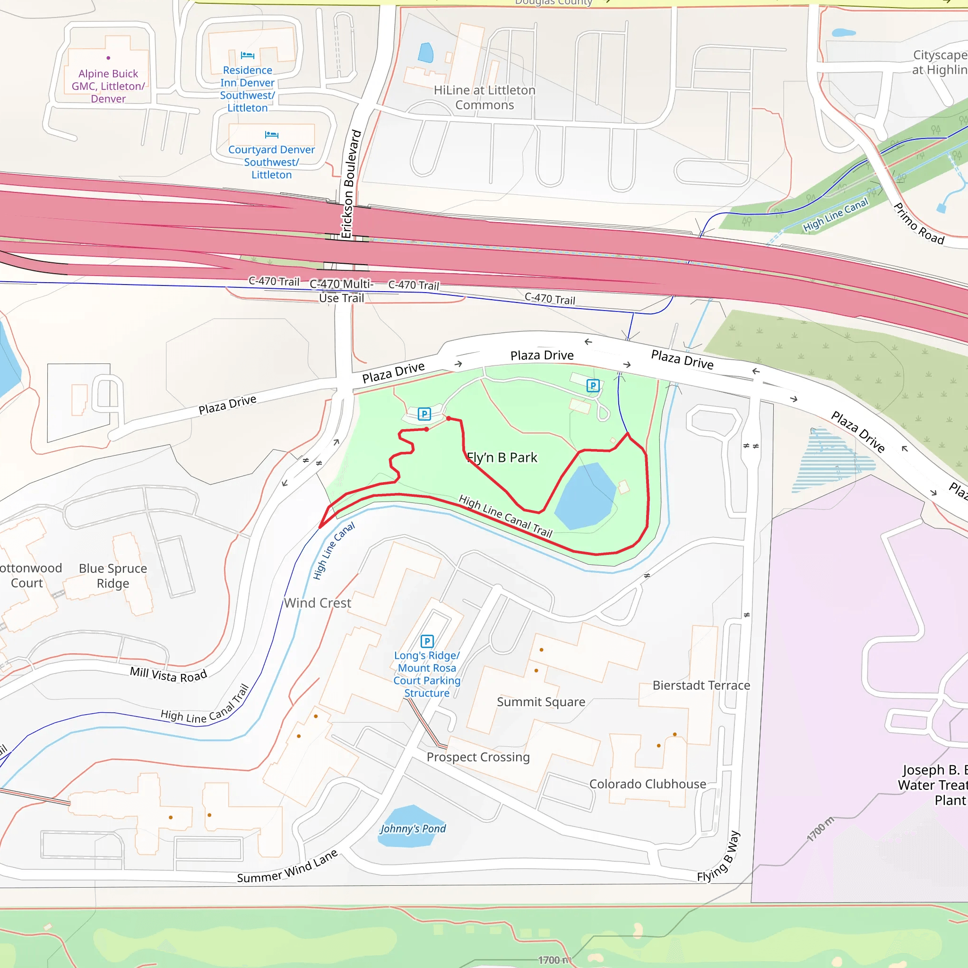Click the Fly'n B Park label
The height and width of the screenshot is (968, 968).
pyautogui.click(x=501, y=458)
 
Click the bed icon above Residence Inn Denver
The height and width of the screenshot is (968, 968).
pyautogui.click(x=248, y=55)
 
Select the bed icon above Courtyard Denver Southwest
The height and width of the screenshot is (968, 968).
pyautogui.click(x=272, y=134)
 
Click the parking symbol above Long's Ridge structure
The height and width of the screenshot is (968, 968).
pyautogui.click(x=427, y=641)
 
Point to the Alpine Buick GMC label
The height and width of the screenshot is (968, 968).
pyautogui.click(x=108, y=86)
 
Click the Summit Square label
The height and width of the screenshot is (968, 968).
pyautogui.click(x=541, y=701)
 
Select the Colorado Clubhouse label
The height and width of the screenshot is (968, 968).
pyautogui.click(x=648, y=784)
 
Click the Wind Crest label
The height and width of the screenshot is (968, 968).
pyautogui.click(x=317, y=603)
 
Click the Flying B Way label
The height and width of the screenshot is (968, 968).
pyautogui.click(x=718, y=856)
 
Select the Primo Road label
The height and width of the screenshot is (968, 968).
pyautogui.click(x=919, y=224)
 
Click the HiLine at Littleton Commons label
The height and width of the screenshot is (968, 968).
pyautogui.click(x=484, y=97)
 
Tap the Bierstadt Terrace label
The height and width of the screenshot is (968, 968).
pyautogui.click(x=701, y=685)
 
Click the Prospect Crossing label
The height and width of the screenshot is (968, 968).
pyautogui.click(x=478, y=757)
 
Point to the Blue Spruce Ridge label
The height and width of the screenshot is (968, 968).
pyautogui.click(x=113, y=576)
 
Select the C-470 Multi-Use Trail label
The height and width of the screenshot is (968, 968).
pyautogui.click(x=342, y=291)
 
